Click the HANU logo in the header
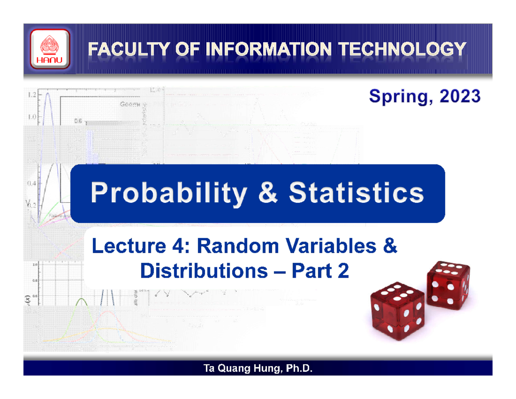pyautogui.click(x=49, y=49)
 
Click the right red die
pyautogui.click(x=447, y=286)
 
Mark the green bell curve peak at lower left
pyautogui.click(x=81, y=300)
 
